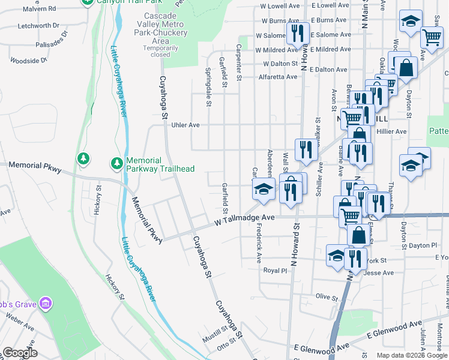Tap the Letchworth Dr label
coord(38,26)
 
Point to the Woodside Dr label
coord(28,61)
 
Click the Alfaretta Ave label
coord(278,77)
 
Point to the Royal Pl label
coord(276,271)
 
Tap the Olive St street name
coord(328,296)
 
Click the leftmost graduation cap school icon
coord(263,190)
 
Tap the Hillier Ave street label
coord(393,131)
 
